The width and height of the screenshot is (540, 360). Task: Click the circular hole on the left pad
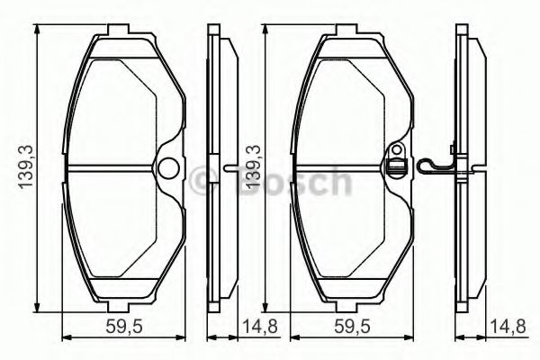pos(166,168)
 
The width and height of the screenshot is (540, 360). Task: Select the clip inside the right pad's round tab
pos(393,165)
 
